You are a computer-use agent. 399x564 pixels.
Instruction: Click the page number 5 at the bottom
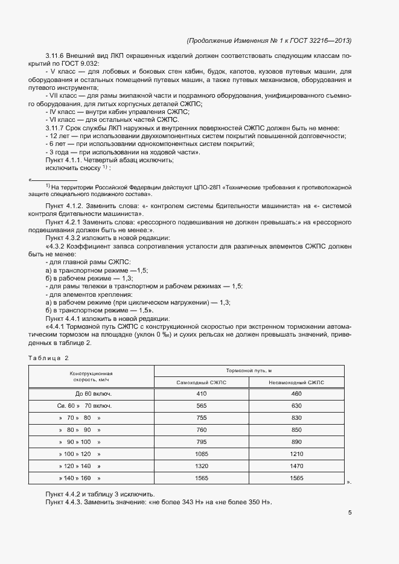pos(350,513)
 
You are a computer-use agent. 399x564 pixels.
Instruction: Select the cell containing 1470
pos(296,466)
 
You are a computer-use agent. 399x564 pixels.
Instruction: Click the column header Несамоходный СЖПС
pos(296,382)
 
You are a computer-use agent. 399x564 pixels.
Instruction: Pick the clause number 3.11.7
pos(55,127)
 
